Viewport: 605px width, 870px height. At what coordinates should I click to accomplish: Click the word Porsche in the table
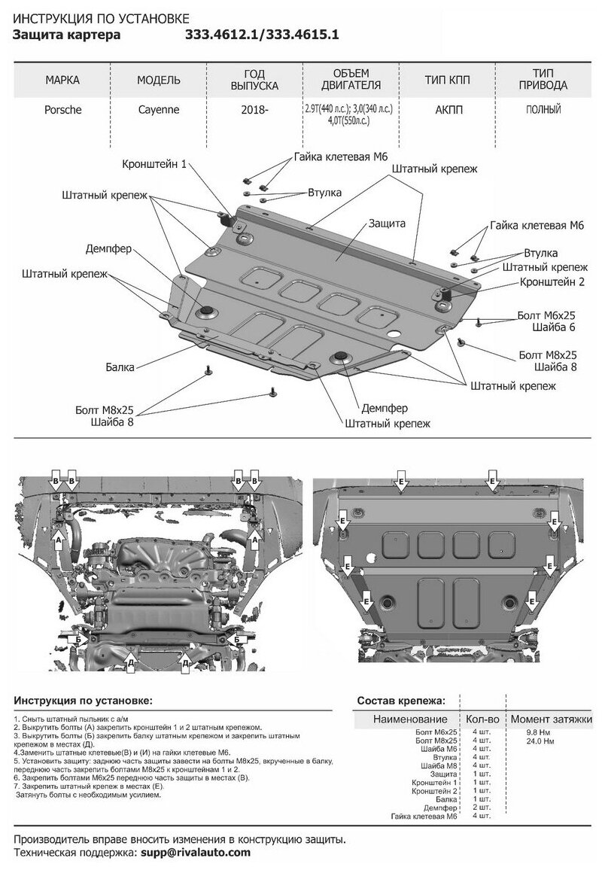coord(63,110)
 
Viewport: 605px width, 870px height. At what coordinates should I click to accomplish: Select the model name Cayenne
coord(157,110)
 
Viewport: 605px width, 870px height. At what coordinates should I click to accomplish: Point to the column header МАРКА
coord(62,80)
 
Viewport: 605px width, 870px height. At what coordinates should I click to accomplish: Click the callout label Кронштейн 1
coord(154,163)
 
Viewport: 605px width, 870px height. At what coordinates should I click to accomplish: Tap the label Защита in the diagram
coord(388,224)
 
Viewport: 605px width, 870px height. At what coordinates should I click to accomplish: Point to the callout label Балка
coord(120,367)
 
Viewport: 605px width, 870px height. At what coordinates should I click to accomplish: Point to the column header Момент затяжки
coord(550,719)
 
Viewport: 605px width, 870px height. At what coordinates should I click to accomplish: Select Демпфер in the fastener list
coord(440,807)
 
